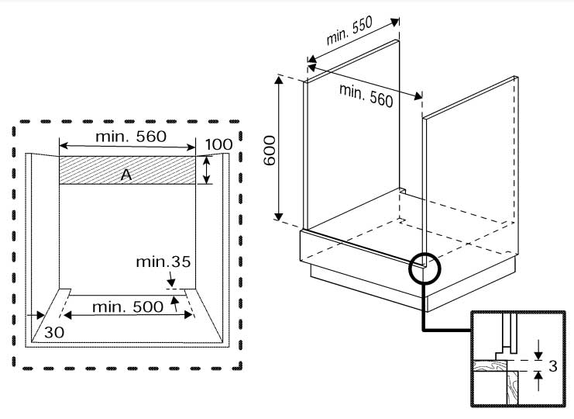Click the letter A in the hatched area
126,175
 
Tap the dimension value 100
218,144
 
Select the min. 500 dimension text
128,306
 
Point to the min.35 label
163,261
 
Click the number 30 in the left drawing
54,333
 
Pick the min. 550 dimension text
349,30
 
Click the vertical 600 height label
270,151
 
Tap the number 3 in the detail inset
553,365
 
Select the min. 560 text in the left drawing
131,137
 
